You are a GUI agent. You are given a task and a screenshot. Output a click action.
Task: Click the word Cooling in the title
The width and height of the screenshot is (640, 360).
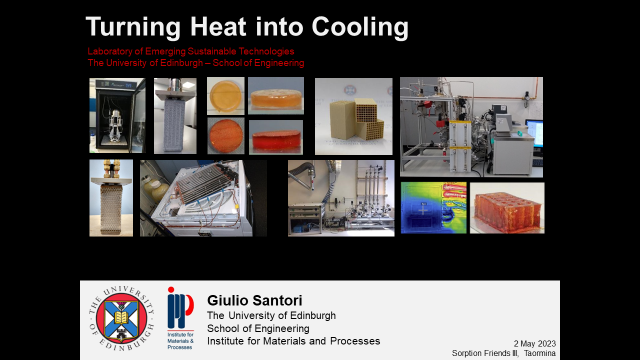click(360, 27)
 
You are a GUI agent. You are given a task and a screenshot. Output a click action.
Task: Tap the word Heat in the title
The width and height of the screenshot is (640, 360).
click(218, 26)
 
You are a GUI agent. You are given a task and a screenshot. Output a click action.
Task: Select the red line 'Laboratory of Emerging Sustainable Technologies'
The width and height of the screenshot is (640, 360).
click(191, 51)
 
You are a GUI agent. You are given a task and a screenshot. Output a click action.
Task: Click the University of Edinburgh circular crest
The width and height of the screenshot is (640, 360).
click(121, 318)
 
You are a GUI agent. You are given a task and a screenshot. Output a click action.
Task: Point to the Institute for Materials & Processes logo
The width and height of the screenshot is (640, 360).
click(180, 318)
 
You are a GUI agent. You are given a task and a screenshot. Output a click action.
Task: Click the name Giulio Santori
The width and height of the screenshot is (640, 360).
click(254, 300)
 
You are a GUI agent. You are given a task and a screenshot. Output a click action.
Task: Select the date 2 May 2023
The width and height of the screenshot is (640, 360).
click(535, 343)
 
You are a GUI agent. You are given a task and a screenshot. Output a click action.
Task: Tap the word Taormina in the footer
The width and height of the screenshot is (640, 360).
click(539, 353)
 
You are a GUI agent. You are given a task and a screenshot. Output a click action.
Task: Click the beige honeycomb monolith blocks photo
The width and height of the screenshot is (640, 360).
click(353, 116)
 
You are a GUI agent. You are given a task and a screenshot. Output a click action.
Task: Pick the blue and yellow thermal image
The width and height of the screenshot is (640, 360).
click(433, 207)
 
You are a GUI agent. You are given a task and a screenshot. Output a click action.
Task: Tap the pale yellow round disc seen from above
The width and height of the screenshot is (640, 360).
click(225, 95)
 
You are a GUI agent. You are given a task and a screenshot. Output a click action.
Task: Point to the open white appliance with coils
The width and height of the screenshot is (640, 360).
click(200, 198)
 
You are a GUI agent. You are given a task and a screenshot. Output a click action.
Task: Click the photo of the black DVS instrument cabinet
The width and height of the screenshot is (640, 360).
click(117, 115)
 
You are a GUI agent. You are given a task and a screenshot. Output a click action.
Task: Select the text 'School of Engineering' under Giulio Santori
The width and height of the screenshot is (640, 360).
click(258, 328)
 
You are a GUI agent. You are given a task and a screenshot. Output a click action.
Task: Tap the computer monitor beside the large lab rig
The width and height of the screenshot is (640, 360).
click(534, 134)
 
